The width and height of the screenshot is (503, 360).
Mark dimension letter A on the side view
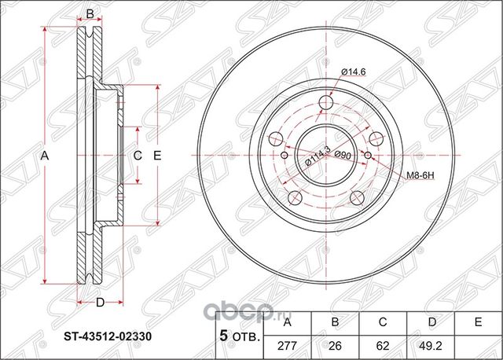point(45,156)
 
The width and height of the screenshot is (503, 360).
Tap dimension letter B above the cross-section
point(90,14)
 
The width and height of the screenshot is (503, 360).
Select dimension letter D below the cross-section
point(100,303)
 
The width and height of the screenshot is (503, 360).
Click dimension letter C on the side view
point(136,156)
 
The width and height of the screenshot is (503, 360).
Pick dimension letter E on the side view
point(156,156)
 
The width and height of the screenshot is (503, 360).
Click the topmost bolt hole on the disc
point(325,103)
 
